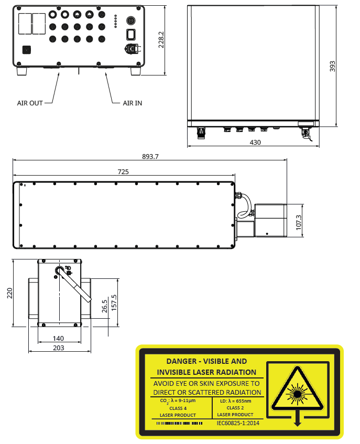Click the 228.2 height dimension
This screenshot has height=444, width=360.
coord(161,40)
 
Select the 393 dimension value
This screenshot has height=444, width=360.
coord(332,66)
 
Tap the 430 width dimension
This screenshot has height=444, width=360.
coord(255,142)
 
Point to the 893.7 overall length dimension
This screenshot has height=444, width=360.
coord(150,156)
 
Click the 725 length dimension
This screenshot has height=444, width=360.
coord(123,171)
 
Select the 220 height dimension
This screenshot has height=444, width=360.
coord(9,293)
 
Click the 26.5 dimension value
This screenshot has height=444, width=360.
coord(105,306)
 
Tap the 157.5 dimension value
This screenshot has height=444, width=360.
coord(114,302)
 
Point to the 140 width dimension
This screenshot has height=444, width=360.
coord(58,339)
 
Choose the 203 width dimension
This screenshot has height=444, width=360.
coord(59,348)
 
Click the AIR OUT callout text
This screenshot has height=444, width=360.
coord(30,103)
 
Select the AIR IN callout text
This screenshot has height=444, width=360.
coord(132,103)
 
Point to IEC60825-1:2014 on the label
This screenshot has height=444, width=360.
coord(238,423)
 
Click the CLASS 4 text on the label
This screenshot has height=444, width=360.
coord(178,408)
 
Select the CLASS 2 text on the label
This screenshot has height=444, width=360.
coord(236,408)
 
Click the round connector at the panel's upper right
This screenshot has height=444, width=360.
coord(132,20)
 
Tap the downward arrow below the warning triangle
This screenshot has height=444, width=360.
coord(297,419)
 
